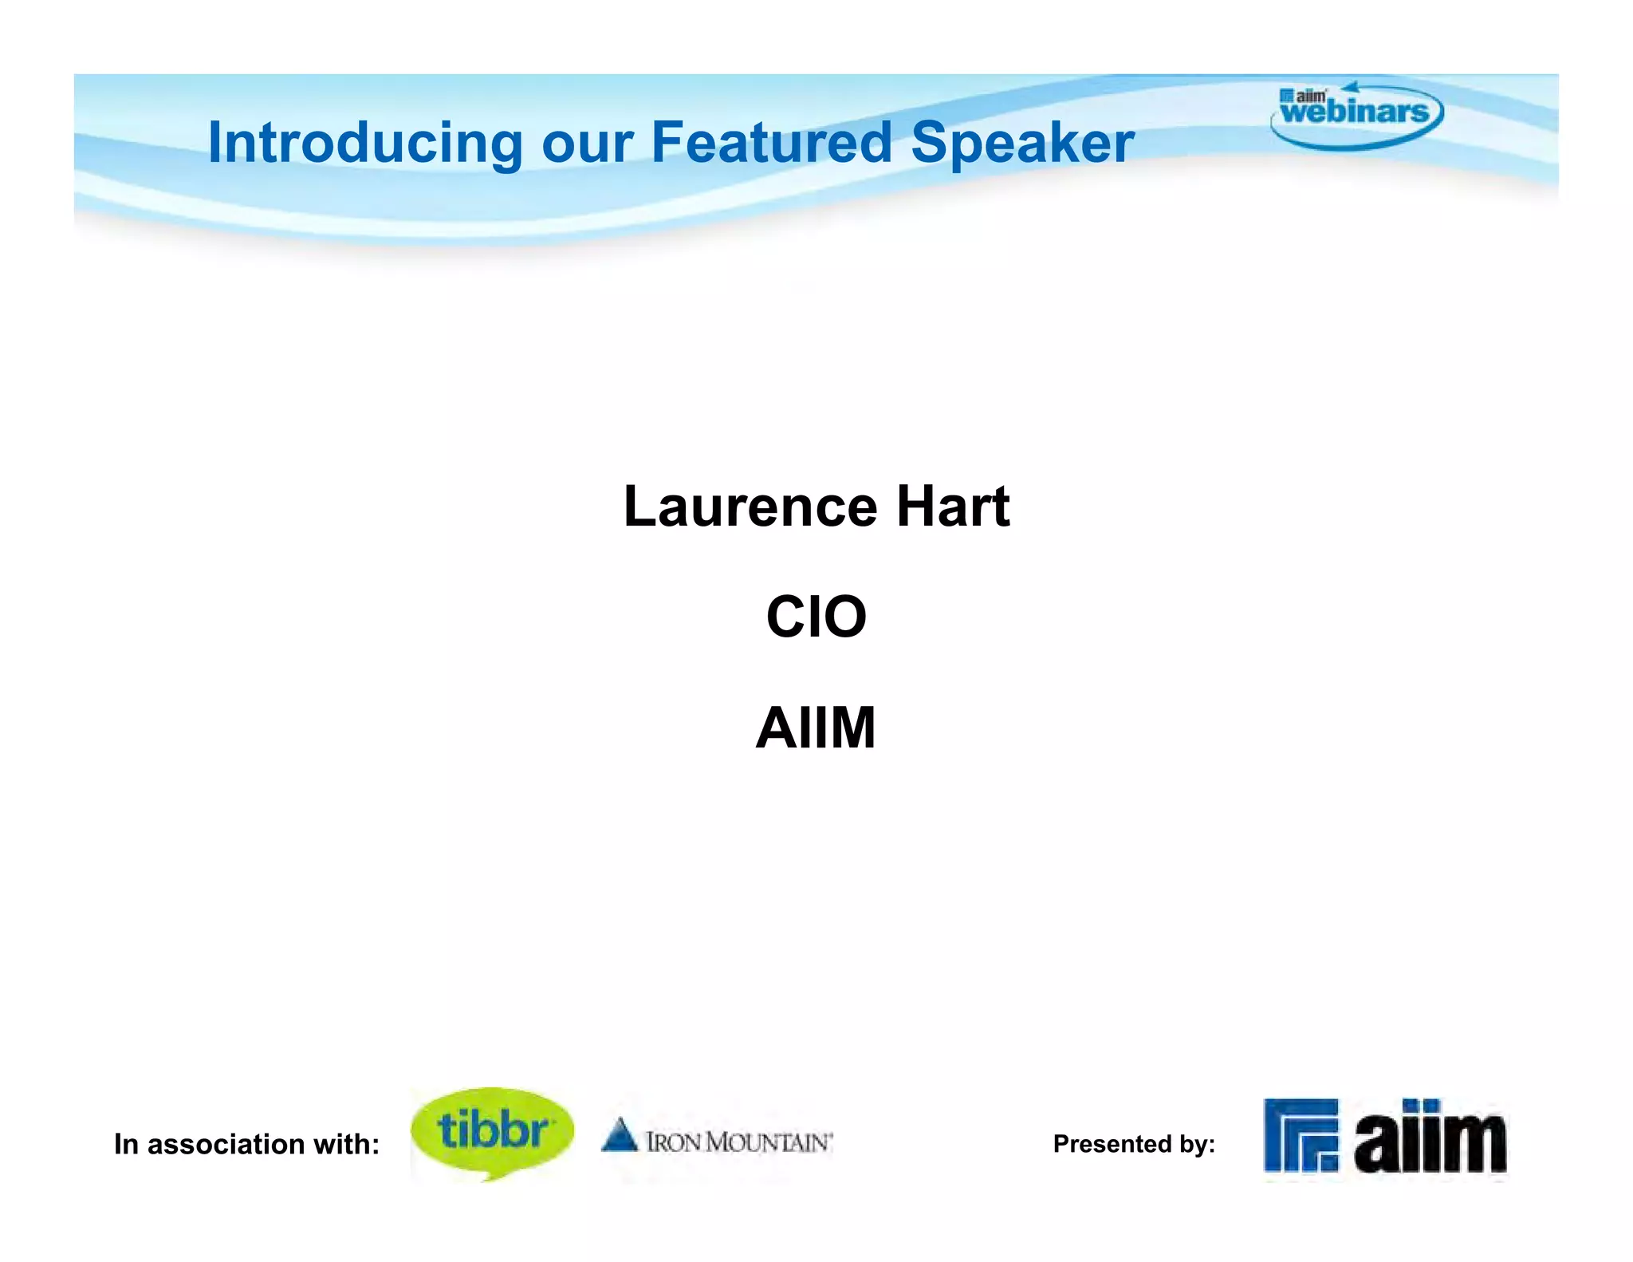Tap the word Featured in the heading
click(x=771, y=143)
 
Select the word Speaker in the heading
click(x=1022, y=143)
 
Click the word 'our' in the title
click(x=587, y=144)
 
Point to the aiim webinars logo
click(x=1356, y=116)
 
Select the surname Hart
click(x=953, y=507)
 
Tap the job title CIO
click(x=816, y=617)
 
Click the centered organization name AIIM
click(x=816, y=728)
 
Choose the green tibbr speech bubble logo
click(x=492, y=1131)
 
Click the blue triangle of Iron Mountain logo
click(x=619, y=1135)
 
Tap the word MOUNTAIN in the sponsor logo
click(x=769, y=1142)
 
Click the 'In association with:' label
click(x=246, y=1144)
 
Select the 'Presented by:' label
click(x=1133, y=1144)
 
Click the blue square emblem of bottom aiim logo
click(x=1300, y=1135)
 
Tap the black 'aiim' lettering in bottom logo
click(x=1430, y=1139)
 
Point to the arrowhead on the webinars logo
click(x=1349, y=86)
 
